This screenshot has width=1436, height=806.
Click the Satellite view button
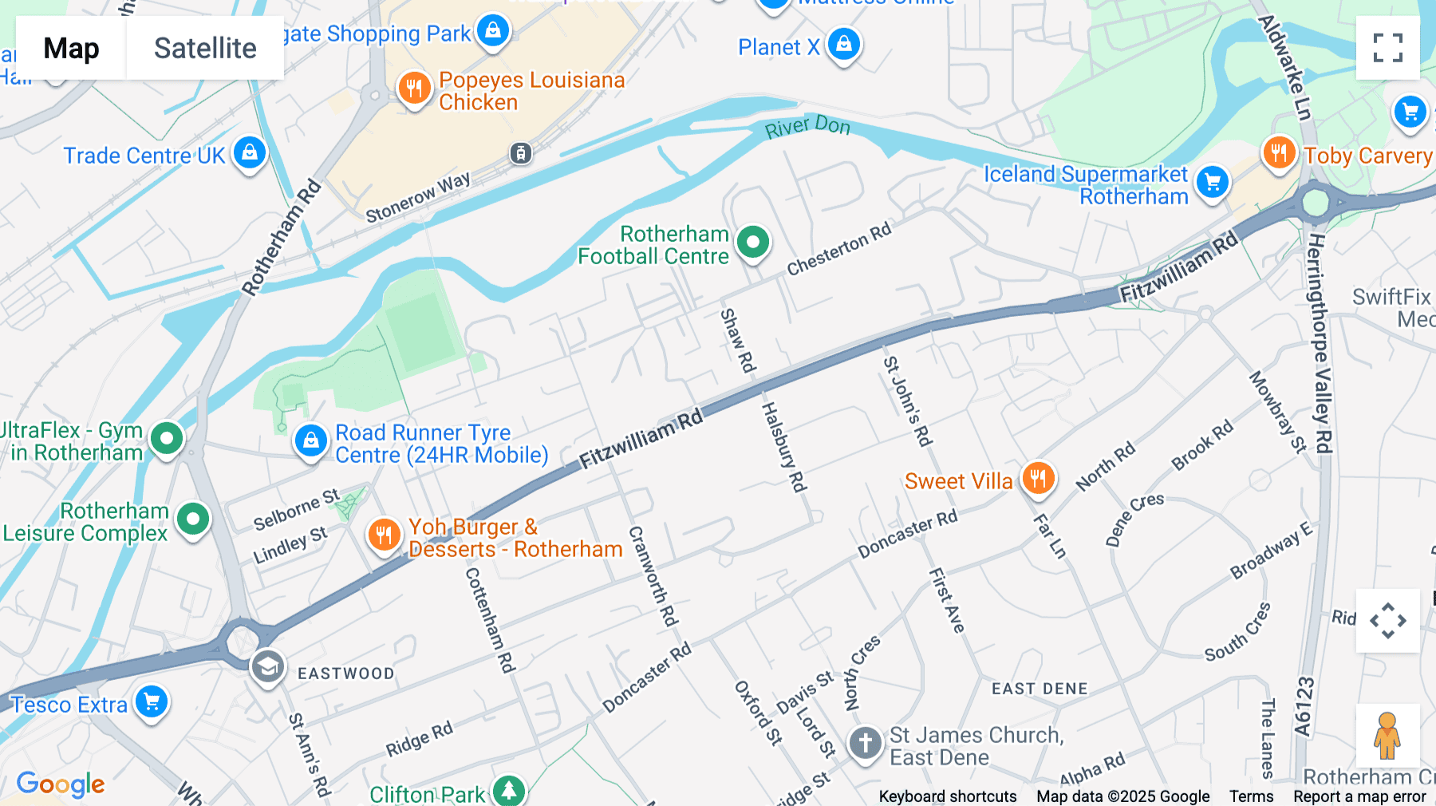205,48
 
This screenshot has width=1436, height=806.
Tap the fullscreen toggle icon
1387,48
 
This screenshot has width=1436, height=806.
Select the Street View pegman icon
1387,735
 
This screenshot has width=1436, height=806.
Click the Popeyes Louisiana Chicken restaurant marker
413,88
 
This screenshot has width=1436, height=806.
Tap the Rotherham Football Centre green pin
752,242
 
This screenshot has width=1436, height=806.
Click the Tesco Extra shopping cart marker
152,702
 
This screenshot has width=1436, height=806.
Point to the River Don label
807,127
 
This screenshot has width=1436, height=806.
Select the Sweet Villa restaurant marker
1038,479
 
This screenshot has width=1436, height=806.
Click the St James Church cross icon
865,743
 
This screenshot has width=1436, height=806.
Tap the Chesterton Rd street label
838,250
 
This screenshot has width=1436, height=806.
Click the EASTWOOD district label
345,674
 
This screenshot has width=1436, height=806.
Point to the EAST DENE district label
1039,689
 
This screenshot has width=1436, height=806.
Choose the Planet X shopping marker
843,44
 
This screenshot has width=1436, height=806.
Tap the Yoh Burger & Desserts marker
384,535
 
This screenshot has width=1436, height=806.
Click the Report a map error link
1359,796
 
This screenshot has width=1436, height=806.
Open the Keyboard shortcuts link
947,796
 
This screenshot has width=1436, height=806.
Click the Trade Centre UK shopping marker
250,152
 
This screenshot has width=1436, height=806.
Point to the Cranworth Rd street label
653,575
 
